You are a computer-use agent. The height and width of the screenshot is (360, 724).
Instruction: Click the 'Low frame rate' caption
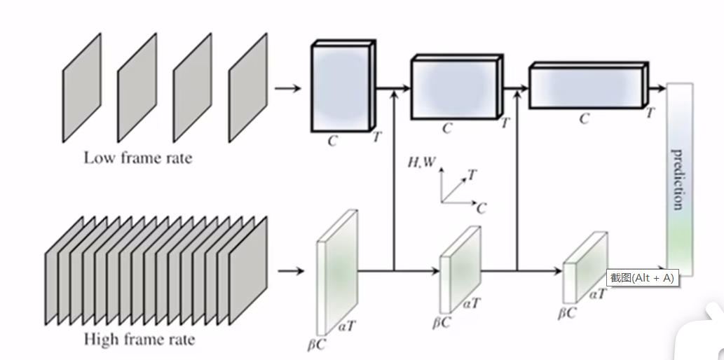[137, 158]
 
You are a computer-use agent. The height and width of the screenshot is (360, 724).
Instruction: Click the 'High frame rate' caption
[139, 340]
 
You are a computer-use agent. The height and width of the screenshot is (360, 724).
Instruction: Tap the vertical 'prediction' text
[678, 179]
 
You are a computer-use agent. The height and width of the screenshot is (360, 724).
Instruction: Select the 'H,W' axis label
[421, 162]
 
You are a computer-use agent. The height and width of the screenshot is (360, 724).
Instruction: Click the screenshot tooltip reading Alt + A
[641, 277]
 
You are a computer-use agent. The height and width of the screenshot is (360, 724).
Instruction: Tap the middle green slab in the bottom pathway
[459, 269]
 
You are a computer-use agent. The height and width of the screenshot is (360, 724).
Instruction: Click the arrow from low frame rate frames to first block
[288, 89]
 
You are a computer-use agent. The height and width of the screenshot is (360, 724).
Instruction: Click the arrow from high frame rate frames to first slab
[291, 270]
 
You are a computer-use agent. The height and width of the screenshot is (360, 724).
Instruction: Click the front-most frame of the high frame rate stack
[247, 270]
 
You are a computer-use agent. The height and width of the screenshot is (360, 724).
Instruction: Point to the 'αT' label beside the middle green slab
[472, 303]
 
